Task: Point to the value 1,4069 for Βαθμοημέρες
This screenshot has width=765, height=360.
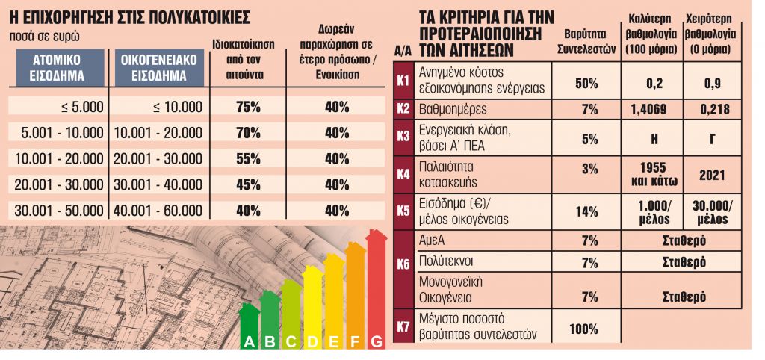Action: click(x=648, y=110)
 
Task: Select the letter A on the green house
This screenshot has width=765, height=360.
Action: click(x=247, y=342)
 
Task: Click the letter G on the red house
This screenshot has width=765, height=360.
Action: click(x=377, y=342)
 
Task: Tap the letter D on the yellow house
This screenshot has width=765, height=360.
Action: click(x=312, y=342)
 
